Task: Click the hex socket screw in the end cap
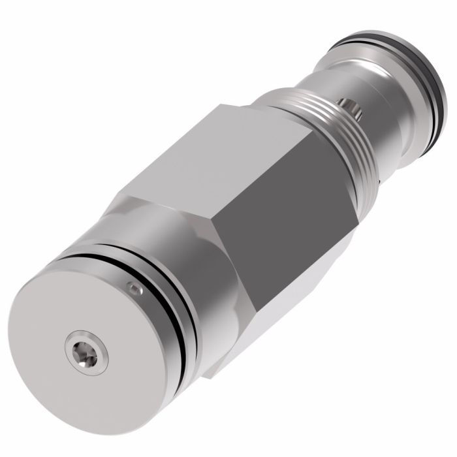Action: (84, 352)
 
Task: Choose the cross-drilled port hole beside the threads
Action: (350, 106)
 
